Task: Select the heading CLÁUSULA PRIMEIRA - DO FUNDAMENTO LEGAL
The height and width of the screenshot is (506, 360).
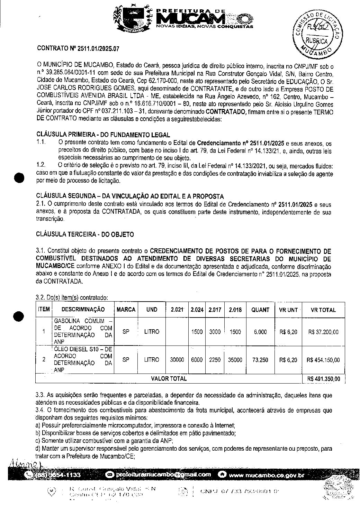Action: [x=103, y=135]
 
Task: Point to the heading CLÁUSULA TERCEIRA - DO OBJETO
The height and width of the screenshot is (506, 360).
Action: [x=85, y=234]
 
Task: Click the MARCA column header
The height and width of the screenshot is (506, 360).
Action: [x=126, y=310]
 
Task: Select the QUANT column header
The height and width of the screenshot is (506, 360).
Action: [x=260, y=310]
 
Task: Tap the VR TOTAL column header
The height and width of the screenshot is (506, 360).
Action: [x=323, y=310]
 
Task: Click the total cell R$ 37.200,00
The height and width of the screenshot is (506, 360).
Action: [x=323, y=332]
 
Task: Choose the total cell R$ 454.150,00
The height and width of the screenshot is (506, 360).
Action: [x=323, y=360]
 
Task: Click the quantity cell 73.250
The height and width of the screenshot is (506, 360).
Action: [x=260, y=360]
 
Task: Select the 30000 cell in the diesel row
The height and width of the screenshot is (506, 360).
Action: [x=177, y=360]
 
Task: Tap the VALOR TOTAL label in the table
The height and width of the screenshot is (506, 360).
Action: [x=169, y=378]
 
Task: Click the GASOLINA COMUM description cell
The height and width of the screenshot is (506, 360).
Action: [x=83, y=332]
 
